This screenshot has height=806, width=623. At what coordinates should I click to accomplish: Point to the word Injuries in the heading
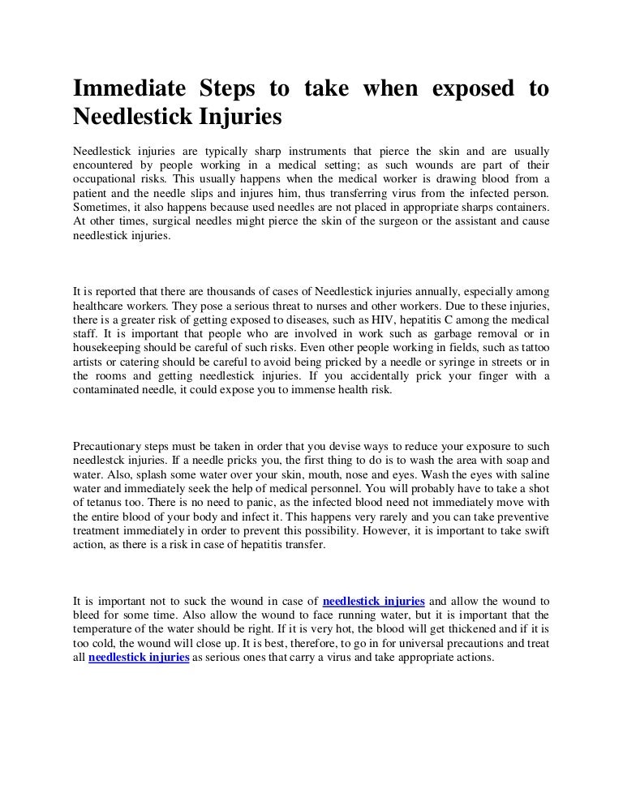pyautogui.click(x=236, y=118)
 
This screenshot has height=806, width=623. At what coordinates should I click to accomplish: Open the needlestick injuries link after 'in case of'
pyautogui.click(x=373, y=601)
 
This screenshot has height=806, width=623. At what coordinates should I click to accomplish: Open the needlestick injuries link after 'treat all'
pyautogui.click(x=139, y=659)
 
